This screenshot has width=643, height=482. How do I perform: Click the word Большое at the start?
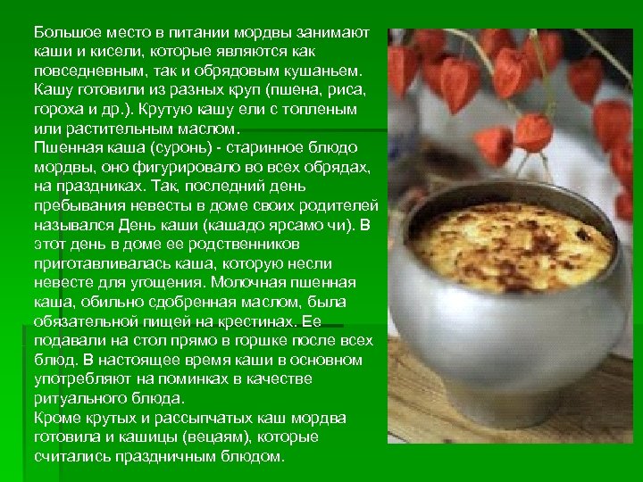coord(64,32)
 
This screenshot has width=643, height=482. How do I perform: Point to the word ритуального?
coord(77,396)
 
